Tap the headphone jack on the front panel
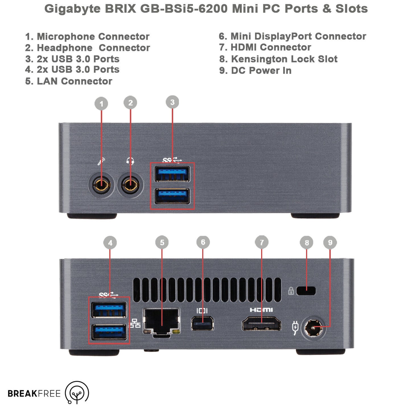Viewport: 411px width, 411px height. click(130, 185)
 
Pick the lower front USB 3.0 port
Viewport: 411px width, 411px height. click(172, 196)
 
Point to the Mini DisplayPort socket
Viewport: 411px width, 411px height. click(202, 323)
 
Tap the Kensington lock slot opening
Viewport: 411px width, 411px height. click(306, 291)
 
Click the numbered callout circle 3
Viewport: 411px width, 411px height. click(172, 102)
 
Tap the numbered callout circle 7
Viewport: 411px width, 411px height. click(262, 242)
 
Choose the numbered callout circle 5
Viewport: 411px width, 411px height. click(162, 242)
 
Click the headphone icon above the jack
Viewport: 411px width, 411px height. click(130, 161)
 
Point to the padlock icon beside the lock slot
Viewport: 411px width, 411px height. click(291, 291)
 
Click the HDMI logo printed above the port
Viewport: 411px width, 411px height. click(261, 310)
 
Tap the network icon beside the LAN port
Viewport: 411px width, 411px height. click(135, 323)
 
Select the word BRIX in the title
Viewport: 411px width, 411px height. click(121, 9)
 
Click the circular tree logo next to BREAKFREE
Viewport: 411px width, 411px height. click(77, 393)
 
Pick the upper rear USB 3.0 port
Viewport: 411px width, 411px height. click(109, 310)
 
